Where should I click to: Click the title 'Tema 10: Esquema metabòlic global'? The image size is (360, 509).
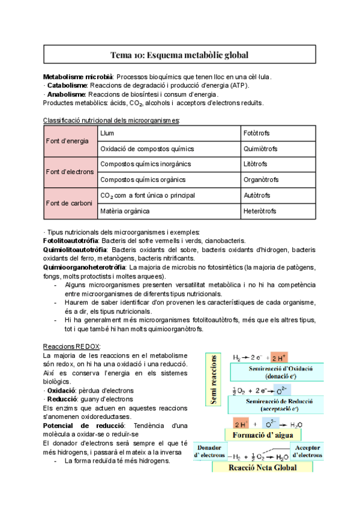point(179,55)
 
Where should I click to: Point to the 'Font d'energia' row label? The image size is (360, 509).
point(68,141)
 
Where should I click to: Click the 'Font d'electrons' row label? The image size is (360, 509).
point(70,172)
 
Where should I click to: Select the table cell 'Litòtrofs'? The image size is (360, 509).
point(256,164)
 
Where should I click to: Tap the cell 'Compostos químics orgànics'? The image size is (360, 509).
point(143,180)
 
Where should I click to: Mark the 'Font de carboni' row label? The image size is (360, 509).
point(69,203)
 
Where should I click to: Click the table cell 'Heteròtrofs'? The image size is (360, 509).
point(260,211)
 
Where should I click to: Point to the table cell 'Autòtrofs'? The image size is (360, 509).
point(257,196)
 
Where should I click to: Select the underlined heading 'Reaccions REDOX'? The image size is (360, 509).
point(72,347)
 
